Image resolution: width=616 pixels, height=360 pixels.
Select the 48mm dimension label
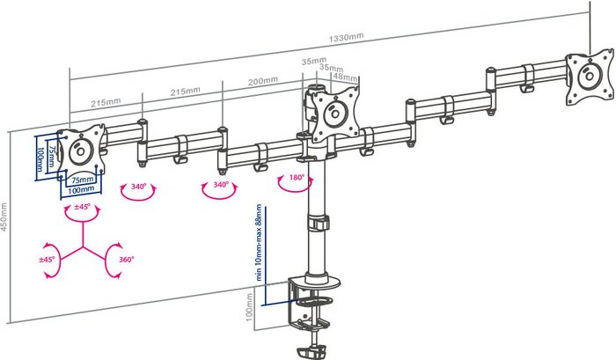click(x=340, y=77)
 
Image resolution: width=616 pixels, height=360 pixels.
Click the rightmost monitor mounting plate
click(x=587, y=77)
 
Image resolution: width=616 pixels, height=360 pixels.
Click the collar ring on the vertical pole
click(x=316, y=223)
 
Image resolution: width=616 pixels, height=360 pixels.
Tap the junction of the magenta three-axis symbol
click(x=84, y=249)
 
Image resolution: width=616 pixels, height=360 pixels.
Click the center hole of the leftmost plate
click(x=82, y=150)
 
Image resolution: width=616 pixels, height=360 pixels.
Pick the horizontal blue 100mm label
click(x=81, y=189)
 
